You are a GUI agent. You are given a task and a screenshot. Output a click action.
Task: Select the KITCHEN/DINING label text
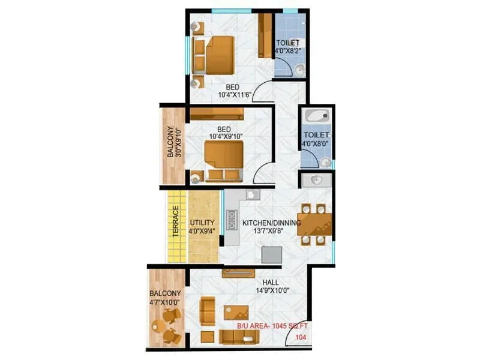(x=272, y=223)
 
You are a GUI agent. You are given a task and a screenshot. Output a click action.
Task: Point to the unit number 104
(x=299, y=338)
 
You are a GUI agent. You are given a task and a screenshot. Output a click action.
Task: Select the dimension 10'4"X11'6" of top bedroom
(x=226, y=94)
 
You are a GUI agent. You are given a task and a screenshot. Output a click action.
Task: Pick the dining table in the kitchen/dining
(x=313, y=224)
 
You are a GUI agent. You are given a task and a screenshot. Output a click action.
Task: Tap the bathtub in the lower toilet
(x=316, y=116)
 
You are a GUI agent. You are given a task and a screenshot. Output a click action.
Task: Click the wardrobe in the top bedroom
(x=265, y=36)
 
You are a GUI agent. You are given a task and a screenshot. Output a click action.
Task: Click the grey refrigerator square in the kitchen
(x=271, y=254)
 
